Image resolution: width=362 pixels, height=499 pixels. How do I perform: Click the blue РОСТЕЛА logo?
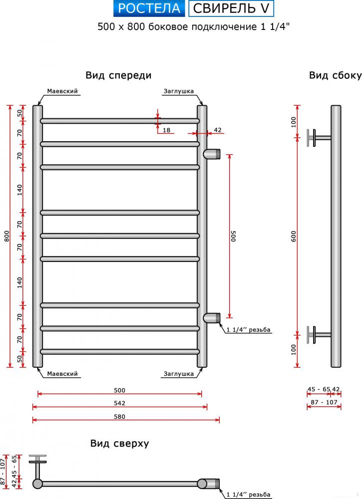point(149,8)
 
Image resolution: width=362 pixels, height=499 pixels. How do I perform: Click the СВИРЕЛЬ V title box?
point(231,8)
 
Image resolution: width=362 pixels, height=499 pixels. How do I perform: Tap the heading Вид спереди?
point(118,75)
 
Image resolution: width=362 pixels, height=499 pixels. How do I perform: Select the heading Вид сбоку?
point(335,75)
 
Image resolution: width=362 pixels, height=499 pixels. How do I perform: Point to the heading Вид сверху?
point(119,443)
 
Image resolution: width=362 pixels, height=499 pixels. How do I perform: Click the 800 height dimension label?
point(7,236)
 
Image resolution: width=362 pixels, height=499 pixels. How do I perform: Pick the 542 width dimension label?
point(119,403)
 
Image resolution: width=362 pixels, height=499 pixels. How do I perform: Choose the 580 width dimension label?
point(119,417)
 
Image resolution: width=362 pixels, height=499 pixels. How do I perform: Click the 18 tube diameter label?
point(166,130)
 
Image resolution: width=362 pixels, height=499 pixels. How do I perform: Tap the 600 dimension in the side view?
point(294,236)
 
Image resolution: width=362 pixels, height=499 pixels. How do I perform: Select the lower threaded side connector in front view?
point(212,318)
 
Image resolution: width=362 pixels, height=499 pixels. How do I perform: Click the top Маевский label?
point(62,91)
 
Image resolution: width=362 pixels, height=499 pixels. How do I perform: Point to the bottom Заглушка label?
point(179,374)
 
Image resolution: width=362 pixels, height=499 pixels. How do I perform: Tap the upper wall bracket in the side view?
point(319,138)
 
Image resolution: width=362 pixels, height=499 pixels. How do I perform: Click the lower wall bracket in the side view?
point(319,335)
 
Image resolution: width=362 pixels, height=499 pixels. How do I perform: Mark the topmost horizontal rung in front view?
point(120,121)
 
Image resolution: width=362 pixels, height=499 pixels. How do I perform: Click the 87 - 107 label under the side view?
point(324,402)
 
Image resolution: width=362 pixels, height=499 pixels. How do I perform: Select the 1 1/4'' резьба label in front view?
point(248,330)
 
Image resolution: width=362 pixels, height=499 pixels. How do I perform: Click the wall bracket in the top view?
point(37,466)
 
